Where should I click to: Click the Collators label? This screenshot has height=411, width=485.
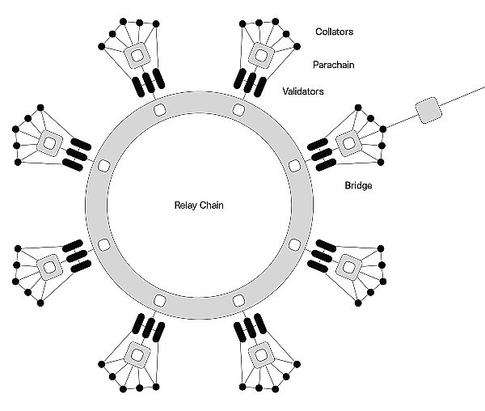335,32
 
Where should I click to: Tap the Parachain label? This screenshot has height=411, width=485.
333,65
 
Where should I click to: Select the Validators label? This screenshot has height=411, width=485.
303,91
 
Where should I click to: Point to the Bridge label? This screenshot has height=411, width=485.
358,185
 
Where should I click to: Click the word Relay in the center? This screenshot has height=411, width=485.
186,205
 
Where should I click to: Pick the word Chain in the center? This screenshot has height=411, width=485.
212,205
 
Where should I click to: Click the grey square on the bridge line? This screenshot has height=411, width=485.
428,110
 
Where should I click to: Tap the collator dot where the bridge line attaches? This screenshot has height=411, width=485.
382,129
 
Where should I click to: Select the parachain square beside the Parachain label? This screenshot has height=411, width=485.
261,56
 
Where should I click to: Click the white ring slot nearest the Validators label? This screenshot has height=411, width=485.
238,109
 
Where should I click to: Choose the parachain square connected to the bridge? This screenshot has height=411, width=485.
348,143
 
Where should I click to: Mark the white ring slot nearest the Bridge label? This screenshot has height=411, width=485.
294,166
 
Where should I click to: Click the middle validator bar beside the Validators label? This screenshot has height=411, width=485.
250,83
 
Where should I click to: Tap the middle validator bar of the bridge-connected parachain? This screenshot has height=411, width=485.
322,154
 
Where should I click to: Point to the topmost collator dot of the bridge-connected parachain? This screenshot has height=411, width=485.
358,108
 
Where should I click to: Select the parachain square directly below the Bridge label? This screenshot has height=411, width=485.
348,268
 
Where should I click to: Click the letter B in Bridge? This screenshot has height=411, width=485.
348,185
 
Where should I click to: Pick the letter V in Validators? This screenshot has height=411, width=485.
285,91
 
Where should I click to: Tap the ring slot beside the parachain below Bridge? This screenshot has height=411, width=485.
294,245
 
